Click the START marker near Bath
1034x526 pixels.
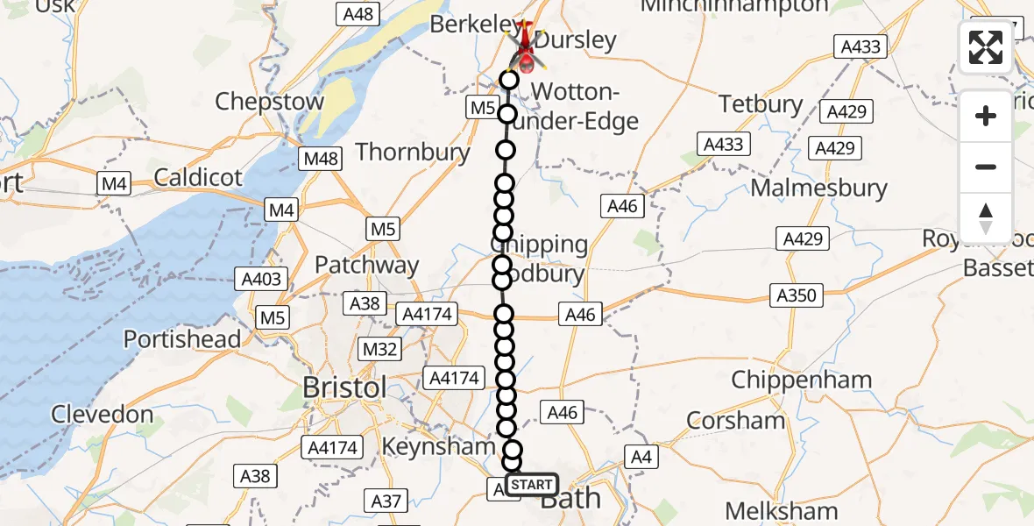coord(531,485)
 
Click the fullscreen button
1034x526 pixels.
coord(986,47)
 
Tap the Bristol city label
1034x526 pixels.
coord(343,387)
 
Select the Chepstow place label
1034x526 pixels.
coord(269,101)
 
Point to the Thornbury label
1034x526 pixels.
coord(413,152)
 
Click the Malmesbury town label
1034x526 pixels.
coord(818,188)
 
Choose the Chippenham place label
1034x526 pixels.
coord(801,380)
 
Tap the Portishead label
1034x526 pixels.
coord(182,338)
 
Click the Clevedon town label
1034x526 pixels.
coord(102,414)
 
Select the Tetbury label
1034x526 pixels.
coord(761,104)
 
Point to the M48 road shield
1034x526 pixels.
coord(322,160)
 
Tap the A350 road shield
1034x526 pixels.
coord(796,295)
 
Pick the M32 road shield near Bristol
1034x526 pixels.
coord(380,350)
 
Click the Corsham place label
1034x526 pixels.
coord(736,420)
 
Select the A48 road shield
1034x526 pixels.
coord(358,13)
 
